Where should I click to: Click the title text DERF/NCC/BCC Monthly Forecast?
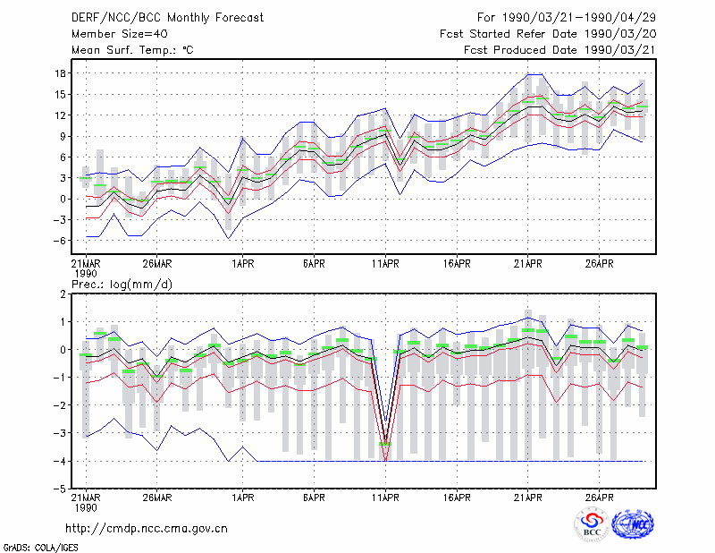167,18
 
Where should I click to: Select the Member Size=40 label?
120,34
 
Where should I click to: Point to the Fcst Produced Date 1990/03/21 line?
559,50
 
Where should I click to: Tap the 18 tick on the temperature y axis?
61,73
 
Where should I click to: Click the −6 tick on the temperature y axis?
59,241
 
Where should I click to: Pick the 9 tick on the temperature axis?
63,136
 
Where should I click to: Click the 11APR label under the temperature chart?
385,264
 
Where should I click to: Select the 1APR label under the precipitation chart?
242,498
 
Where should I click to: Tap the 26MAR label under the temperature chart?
157,264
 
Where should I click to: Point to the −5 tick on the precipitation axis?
59,489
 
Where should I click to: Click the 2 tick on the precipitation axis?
63,294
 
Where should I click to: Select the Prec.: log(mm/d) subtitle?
122,285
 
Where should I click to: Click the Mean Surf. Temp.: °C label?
132,50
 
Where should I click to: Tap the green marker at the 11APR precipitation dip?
385,444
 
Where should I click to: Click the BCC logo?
592,524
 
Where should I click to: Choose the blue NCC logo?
634,524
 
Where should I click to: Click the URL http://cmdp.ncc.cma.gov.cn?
147,529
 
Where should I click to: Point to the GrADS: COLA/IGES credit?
40,548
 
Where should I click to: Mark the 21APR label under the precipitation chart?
528,498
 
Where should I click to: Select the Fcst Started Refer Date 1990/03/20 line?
548,34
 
